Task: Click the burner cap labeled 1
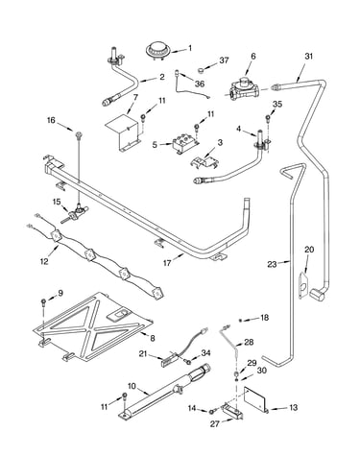click(x=156, y=50)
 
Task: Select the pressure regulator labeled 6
click(x=243, y=88)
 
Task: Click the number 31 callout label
click(x=308, y=57)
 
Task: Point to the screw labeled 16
click(x=78, y=134)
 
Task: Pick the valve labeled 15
click(x=74, y=214)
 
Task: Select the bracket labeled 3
click(x=204, y=161)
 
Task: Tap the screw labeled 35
click(x=268, y=120)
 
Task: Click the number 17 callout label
click(x=167, y=263)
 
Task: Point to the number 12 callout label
click(x=44, y=261)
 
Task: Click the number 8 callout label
click(x=153, y=338)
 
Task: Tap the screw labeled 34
click(x=188, y=362)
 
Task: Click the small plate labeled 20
click(x=303, y=284)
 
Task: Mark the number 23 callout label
click(x=272, y=264)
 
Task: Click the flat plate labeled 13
click(x=255, y=398)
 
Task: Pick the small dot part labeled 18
click(x=241, y=320)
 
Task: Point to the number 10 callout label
click(x=132, y=386)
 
